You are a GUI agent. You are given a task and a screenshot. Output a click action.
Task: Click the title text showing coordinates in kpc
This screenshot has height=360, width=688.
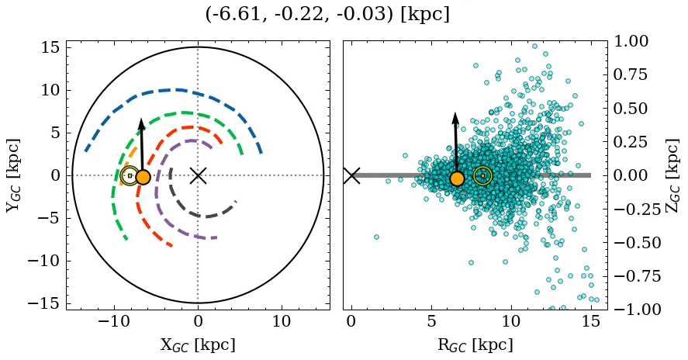click(x=327, y=15)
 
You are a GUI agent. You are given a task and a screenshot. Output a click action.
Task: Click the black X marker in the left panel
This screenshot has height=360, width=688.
click(x=198, y=175)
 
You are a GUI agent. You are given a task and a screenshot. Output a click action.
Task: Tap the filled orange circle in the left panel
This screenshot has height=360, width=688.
click(x=143, y=177)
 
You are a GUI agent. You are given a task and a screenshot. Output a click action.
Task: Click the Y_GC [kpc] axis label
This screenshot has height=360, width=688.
click(x=12, y=175)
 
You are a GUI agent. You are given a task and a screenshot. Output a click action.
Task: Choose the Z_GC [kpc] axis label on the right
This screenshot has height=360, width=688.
click(x=672, y=175)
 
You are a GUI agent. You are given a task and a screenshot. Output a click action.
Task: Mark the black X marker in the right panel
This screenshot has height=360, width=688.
click(x=351, y=175)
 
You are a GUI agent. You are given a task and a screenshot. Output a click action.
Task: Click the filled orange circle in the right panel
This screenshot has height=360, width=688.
click(x=457, y=178)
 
